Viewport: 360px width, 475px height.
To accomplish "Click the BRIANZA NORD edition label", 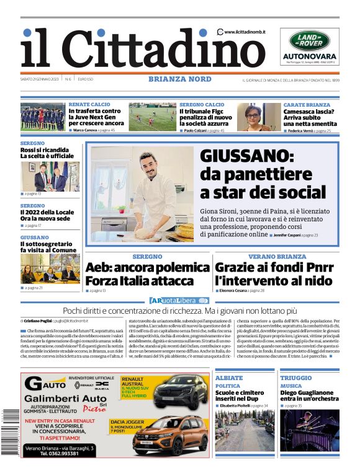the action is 179,79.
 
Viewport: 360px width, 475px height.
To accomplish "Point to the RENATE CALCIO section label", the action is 89,105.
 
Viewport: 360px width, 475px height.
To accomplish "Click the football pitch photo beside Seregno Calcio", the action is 152,117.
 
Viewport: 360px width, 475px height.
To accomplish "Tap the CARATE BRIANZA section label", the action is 307,105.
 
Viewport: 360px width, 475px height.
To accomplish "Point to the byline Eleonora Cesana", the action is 233,290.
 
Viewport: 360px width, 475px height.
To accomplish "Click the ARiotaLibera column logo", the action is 179,301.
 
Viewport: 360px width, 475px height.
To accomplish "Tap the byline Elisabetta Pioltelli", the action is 238,406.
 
